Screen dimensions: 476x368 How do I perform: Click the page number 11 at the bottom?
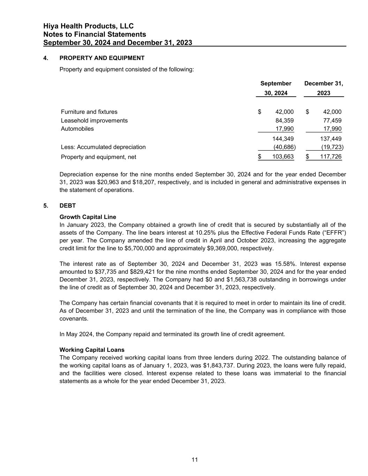tap(195, 460)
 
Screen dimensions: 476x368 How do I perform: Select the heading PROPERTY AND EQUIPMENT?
tap(102, 58)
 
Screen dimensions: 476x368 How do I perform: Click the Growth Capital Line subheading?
tap(88, 217)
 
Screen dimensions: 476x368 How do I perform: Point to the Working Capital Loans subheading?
tap(92, 349)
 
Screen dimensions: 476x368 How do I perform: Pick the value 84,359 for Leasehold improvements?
tap(284, 121)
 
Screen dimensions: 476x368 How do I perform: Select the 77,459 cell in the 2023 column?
tap(332, 121)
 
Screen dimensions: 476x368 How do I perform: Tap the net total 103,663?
tap(283, 157)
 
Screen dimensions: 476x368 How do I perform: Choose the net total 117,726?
tap(331, 157)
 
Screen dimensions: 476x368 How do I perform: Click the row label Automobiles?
tap(77, 129)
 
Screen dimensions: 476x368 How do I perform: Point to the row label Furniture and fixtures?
tap(89, 112)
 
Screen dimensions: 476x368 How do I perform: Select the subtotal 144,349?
tap(283, 139)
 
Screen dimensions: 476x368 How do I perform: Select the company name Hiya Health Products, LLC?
tap(88, 26)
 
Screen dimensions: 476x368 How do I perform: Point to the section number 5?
tap(46, 206)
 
